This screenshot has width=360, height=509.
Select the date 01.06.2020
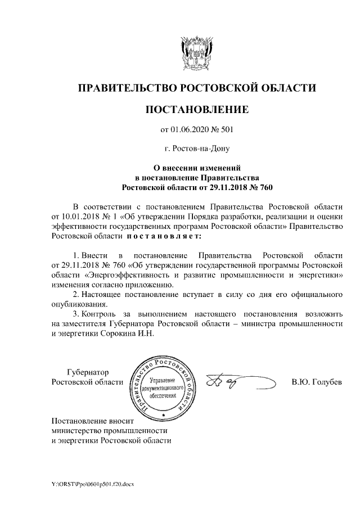(x=190, y=130)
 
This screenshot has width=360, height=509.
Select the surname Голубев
(x=328, y=383)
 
